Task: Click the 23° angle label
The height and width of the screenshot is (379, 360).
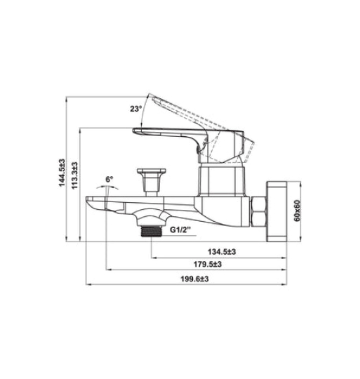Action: [x=135, y=109]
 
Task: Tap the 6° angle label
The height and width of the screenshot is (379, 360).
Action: [x=109, y=180]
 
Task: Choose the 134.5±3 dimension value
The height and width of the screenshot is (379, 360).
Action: [x=220, y=252]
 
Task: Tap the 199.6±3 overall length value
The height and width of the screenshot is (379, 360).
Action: [x=194, y=279]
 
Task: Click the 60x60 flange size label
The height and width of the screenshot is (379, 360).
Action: [x=297, y=209]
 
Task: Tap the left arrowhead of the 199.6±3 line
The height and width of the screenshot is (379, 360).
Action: [x=88, y=284]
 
